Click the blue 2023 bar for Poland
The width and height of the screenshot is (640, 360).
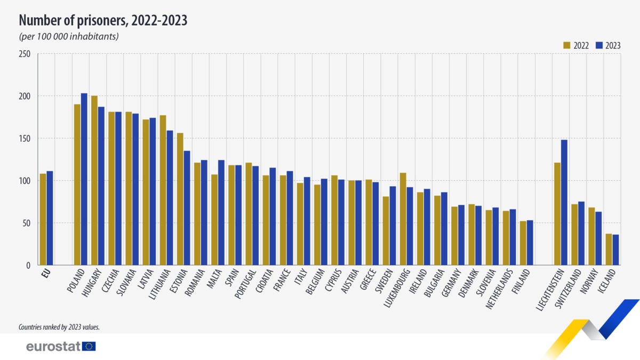tap(84, 179)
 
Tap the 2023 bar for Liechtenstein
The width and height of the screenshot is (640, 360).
tap(564, 202)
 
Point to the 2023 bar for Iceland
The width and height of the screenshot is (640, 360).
tap(615, 250)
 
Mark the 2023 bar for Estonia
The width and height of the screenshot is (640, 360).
tap(187, 208)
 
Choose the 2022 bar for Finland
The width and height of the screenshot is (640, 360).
tap(523, 243)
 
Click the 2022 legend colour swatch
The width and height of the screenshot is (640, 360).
tap(567, 45)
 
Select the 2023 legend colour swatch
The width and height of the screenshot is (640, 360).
tap(598, 45)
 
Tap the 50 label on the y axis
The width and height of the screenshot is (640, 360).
tap(26, 223)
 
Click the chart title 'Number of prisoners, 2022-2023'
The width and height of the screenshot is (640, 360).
tap(103, 20)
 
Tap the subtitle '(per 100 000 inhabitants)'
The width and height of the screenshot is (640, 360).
tap(68, 37)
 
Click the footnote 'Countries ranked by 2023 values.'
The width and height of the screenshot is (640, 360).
tap(59, 327)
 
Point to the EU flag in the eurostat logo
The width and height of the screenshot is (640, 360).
tap(89, 347)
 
